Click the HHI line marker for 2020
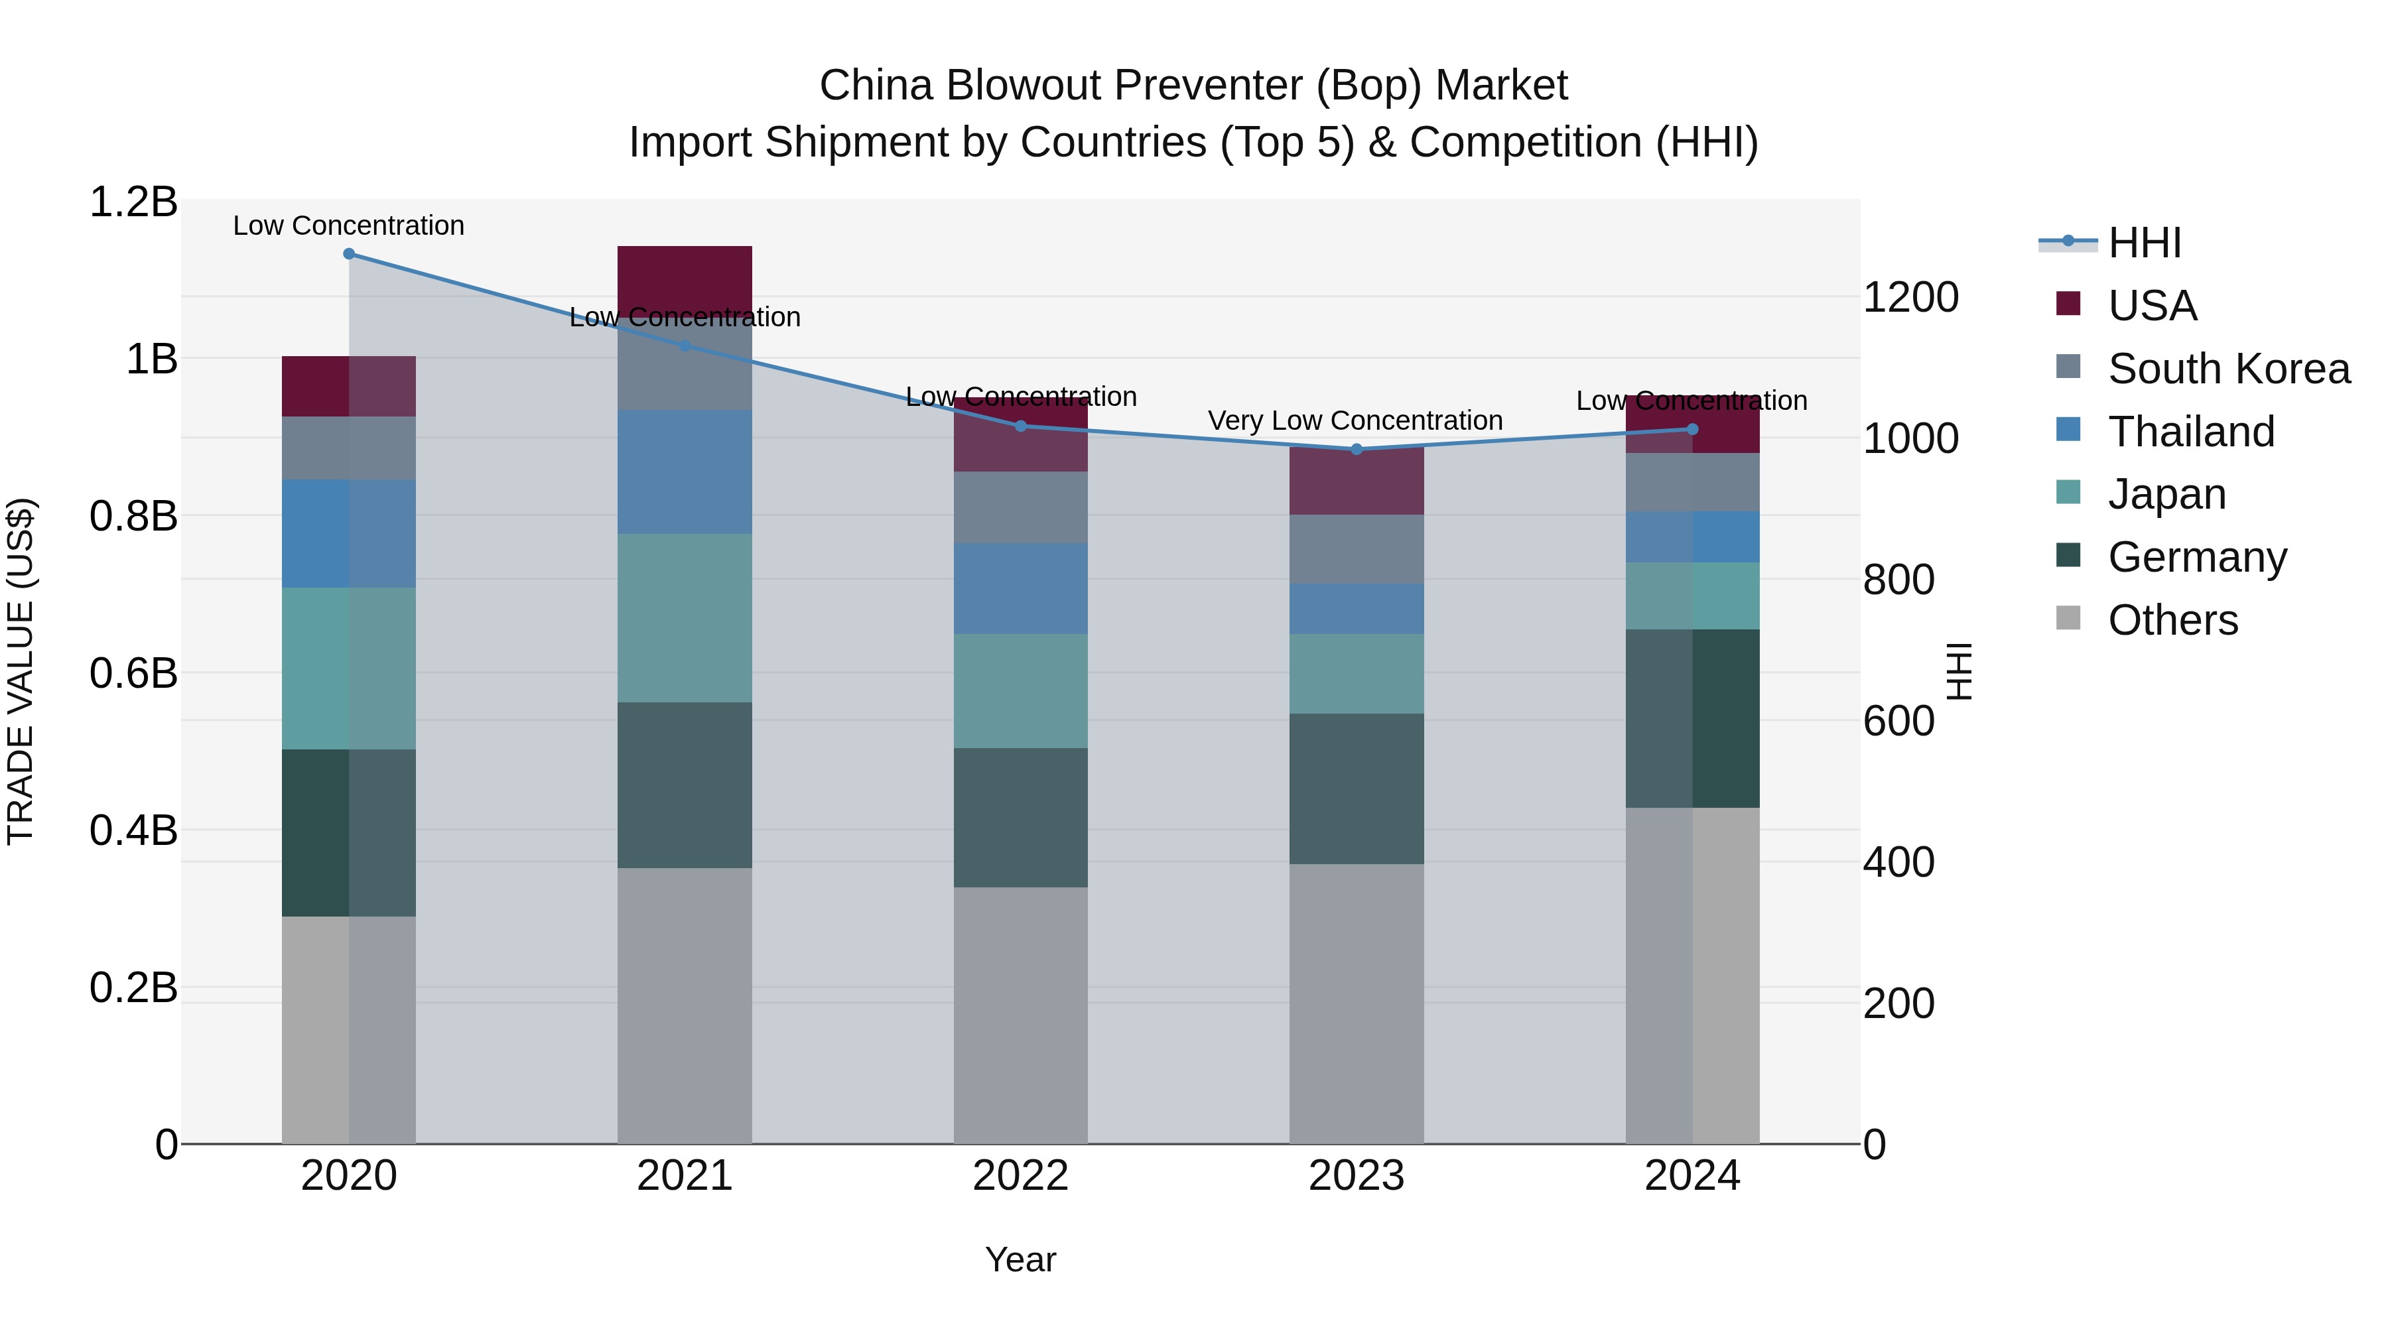pyautogui.click(x=348, y=254)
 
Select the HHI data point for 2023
pyautogui.click(x=1357, y=450)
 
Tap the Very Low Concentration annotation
pyautogui.click(x=1355, y=420)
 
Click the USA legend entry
pyautogui.click(x=2151, y=306)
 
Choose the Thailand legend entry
pyautogui.click(x=2190, y=432)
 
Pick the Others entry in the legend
pyautogui.click(x=2171, y=620)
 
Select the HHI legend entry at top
pyautogui.click(x=2143, y=243)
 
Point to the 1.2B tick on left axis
pyautogui.click(x=133, y=202)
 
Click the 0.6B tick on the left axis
pyautogui.click(x=133, y=674)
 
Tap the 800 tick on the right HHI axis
pyautogui.click(x=1898, y=580)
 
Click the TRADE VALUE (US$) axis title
pyautogui.click(x=21, y=671)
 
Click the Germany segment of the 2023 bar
pyautogui.click(x=1357, y=788)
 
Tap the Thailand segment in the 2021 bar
pyautogui.click(x=684, y=472)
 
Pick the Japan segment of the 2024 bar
pyautogui.click(x=1691, y=596)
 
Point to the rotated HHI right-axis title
pyautogui.click(x=1959, y=671)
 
